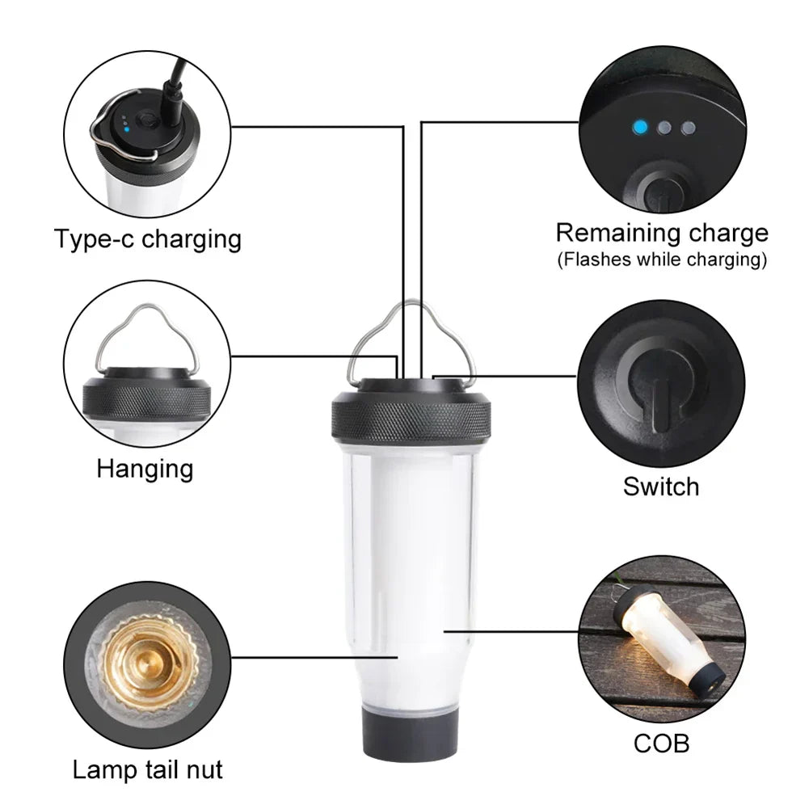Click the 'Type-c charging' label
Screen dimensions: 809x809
coord(148,239)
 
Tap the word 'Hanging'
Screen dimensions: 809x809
coord(145,469)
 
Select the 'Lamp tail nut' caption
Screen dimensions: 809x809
coord(148,769)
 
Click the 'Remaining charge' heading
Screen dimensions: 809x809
coord(661,234)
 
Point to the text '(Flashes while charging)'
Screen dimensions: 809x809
coord(661,259)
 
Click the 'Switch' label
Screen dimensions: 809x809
coord(660,487)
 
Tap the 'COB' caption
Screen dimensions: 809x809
coord(661,743)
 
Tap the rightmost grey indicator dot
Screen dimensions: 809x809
coord(688,128)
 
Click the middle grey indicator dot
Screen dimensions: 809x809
coord(664,128)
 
